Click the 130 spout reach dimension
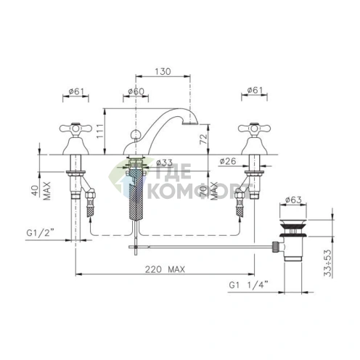coord(163,71)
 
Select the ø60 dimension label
coord(136,91)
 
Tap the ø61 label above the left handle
coord(76,91)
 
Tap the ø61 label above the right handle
coord(255,90)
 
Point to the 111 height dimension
coord(100,131)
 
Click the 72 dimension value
coord(204,139)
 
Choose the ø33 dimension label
coord(164,163)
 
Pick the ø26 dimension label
coord(228,161)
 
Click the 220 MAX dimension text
coord(165,269)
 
